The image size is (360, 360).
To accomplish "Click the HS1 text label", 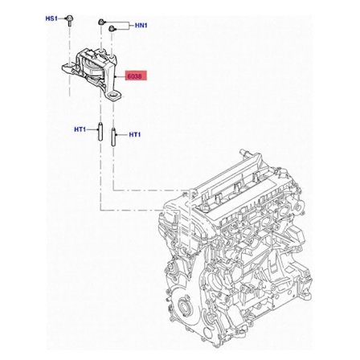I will click(x=51, y=18).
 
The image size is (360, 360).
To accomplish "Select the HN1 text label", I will click(x=140, y=26).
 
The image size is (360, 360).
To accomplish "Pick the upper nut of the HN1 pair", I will click(x=101, y=22).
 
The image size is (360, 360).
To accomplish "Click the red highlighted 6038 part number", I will click(x=135, y=76).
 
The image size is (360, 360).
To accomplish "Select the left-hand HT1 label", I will click(x=80, y=129).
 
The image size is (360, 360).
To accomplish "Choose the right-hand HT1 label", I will click(x=135, y=136).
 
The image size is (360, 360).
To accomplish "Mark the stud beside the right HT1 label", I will click(x=113, y=136).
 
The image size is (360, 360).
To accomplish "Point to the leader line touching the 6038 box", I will click(x=121, y=76).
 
